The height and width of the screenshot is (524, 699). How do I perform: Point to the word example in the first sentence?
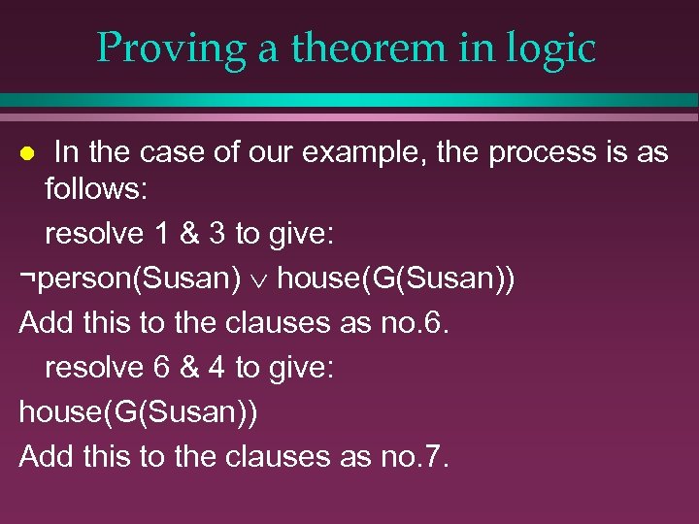click(x=414, y=153)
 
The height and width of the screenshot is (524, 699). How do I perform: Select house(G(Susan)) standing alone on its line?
click(x=139, y=411)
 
